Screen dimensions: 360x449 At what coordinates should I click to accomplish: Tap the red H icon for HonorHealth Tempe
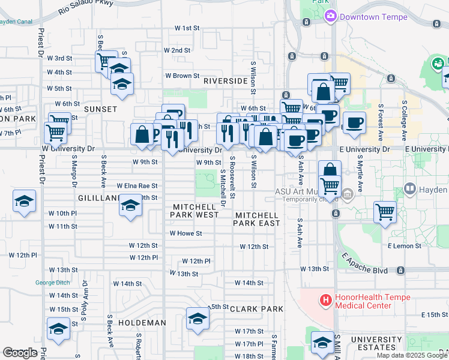coord(325,299)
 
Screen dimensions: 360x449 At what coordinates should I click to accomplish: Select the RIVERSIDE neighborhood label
coord(225,80)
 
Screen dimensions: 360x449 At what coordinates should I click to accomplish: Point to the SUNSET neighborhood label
coord(100,109)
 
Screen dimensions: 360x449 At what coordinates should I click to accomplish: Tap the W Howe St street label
coord(185,233)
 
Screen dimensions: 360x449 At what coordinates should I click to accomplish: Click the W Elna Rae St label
coord(137,186)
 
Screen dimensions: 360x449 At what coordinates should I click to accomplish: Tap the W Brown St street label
coord(182,76)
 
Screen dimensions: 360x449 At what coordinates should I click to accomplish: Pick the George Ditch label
coord(53,283)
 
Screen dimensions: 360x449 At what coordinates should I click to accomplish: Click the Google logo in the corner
coord(20,353)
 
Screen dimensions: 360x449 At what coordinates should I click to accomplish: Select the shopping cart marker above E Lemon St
coord(384,212)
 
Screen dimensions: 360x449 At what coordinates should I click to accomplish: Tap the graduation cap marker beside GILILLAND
coord(130,205)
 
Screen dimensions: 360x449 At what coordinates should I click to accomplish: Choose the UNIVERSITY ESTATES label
coord(376,343)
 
